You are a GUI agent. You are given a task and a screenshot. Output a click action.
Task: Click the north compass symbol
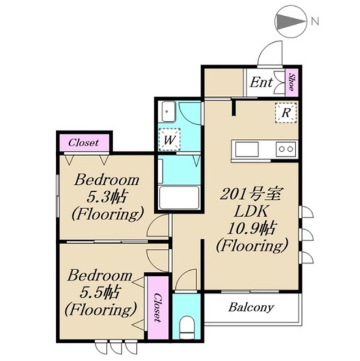click(x=290, y=21)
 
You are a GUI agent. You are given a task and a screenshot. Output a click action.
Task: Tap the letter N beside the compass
click(x=315, y=21)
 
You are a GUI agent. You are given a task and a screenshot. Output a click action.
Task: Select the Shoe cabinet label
click(x=291, y=82)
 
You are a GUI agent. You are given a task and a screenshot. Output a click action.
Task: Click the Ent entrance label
click(x=261, y=82)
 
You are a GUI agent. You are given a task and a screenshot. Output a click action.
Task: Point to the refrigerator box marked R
click(x=286, y=113)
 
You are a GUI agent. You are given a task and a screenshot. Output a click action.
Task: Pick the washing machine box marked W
click(x=170, y=140)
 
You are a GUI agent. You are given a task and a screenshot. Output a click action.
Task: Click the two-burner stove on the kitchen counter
click(x=286, y=149)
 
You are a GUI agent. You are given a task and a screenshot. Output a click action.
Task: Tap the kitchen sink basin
click(x=246, y=149)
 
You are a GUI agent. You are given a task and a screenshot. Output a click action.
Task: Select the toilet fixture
click(x=186, y=327)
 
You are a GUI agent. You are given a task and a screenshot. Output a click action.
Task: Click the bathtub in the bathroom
click(x=179, y=198)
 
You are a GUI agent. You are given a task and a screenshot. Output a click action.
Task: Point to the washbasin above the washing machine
click(x=168, y=111)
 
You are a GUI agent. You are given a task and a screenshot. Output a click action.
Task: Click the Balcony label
click(x=251, y=307)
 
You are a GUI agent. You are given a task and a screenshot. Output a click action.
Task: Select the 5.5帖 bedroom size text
click(x=99, y=293)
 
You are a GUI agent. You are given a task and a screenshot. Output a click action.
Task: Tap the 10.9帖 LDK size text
click(x=251, y=228)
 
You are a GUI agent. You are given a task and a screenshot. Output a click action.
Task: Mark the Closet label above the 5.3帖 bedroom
click(x=83, y=143)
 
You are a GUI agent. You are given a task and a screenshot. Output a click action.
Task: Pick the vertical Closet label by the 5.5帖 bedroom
click(x=157, y=307)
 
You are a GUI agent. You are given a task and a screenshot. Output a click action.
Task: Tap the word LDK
click(x=251, y=212)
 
